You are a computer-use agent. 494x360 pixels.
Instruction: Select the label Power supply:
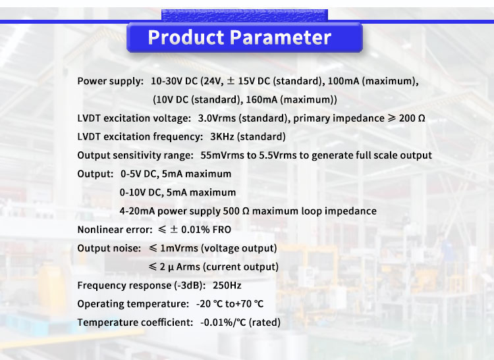pos(110,82)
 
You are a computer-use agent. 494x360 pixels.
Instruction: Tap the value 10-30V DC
pos(174,82)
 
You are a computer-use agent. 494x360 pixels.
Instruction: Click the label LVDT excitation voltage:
pos(134,118)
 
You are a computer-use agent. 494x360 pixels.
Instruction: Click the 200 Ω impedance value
pos(412,118)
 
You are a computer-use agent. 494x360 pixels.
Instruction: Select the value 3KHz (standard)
pos(248,137)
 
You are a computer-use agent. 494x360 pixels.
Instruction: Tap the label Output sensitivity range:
pos(135,155)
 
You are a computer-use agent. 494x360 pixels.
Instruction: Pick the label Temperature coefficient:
pos(134,322)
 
